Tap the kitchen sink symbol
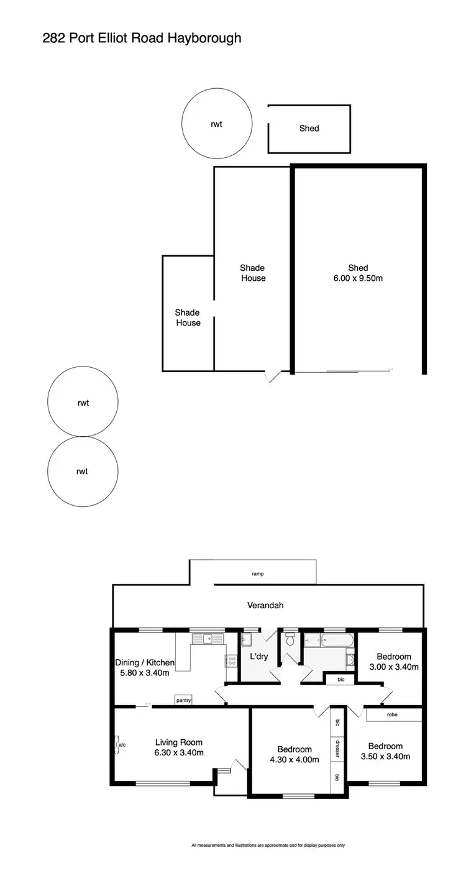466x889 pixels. [x=204, y=638]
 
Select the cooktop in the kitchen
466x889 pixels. [x=231, y=661]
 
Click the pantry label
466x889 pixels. [x=183, y=701]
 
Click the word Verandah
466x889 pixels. [x=265, y=604]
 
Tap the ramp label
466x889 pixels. [x=258, y=574]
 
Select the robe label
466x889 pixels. [x=392, y=715]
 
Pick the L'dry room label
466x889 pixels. [x=258, y=657]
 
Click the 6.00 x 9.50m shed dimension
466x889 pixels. [x=357, y=278]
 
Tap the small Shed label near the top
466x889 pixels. [x=309, y=128]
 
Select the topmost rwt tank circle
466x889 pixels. [x=216, y=124]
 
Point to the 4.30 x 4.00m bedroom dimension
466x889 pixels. [x=295, y=760]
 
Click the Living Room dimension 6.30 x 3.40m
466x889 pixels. [x=179, y=753]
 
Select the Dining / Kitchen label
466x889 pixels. [x=145, y=663]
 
